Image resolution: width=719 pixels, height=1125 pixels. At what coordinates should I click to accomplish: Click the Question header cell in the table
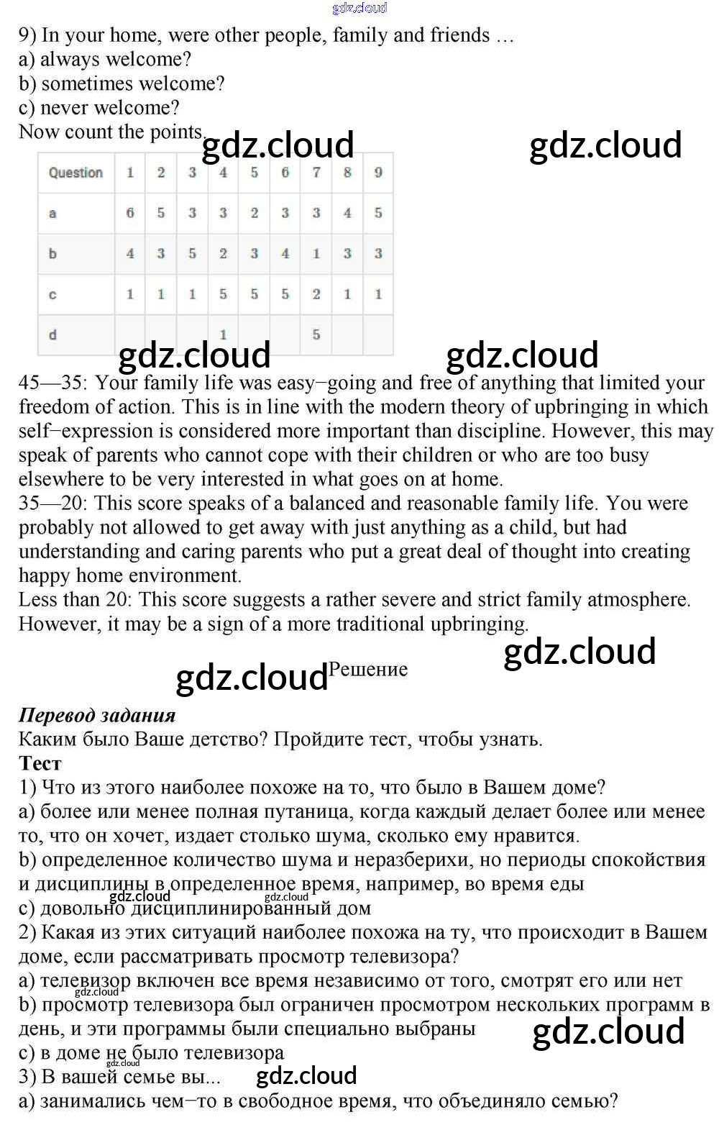75,173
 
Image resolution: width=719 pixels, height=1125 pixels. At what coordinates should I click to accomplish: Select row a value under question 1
130,213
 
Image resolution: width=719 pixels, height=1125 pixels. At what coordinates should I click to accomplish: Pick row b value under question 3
192,253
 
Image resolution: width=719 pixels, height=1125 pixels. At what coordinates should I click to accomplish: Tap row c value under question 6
285,294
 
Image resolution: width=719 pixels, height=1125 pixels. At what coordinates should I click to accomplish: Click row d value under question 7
316,334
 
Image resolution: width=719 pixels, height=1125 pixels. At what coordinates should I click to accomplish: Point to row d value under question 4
223,334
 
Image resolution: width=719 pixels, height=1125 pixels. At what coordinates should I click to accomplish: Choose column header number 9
378,173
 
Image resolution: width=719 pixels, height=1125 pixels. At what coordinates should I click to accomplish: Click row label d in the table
52,334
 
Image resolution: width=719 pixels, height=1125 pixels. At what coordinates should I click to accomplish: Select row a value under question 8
347,213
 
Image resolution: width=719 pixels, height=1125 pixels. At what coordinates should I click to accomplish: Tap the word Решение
368,669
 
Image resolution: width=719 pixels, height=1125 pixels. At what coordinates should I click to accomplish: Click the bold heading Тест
40,763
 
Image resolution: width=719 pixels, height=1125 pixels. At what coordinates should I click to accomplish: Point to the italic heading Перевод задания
97,715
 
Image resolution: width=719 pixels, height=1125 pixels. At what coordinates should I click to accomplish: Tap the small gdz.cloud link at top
359,8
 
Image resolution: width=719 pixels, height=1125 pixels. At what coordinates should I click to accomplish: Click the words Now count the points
111,132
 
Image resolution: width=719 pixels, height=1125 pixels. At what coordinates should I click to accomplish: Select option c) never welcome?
99,108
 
